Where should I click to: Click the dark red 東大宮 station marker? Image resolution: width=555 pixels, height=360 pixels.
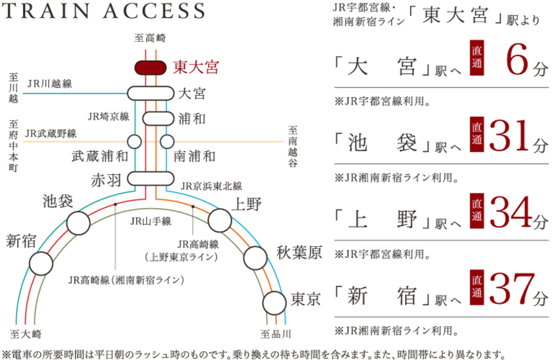[151, 67]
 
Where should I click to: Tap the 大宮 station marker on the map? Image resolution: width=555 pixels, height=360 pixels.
[151, 94]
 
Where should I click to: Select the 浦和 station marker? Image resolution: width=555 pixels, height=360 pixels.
[158, 119]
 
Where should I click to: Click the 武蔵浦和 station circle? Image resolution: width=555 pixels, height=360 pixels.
[135, 142]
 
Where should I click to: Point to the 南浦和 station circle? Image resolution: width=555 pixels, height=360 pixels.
[167, 142]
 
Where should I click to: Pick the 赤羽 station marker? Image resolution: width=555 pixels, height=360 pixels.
[151, 179]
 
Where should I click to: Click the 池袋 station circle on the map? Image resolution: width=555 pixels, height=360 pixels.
[78, 223]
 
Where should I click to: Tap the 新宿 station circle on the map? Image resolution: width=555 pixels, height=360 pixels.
[41, 264]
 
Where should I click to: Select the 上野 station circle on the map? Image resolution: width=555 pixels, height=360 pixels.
[220, 220]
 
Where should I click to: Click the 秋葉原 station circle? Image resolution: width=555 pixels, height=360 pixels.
[255, 258]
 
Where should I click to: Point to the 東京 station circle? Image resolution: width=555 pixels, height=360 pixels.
[274, 303]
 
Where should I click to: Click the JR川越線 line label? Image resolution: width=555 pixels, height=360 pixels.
[50, 83]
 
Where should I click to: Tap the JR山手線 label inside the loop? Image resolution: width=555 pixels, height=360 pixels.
[151, 221]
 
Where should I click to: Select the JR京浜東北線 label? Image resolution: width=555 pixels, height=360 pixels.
[212, 186]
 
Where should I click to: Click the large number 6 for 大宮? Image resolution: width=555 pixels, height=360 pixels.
[518, 60]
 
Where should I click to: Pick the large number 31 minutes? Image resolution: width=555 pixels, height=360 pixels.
[511, 136]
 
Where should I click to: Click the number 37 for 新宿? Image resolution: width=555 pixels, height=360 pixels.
[512, 289]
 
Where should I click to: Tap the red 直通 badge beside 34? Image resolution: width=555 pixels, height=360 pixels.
[477, 211]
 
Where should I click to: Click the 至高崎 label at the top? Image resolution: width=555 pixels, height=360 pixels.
[150, 38]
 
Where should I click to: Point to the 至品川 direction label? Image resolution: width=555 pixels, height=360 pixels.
[276, 334]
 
